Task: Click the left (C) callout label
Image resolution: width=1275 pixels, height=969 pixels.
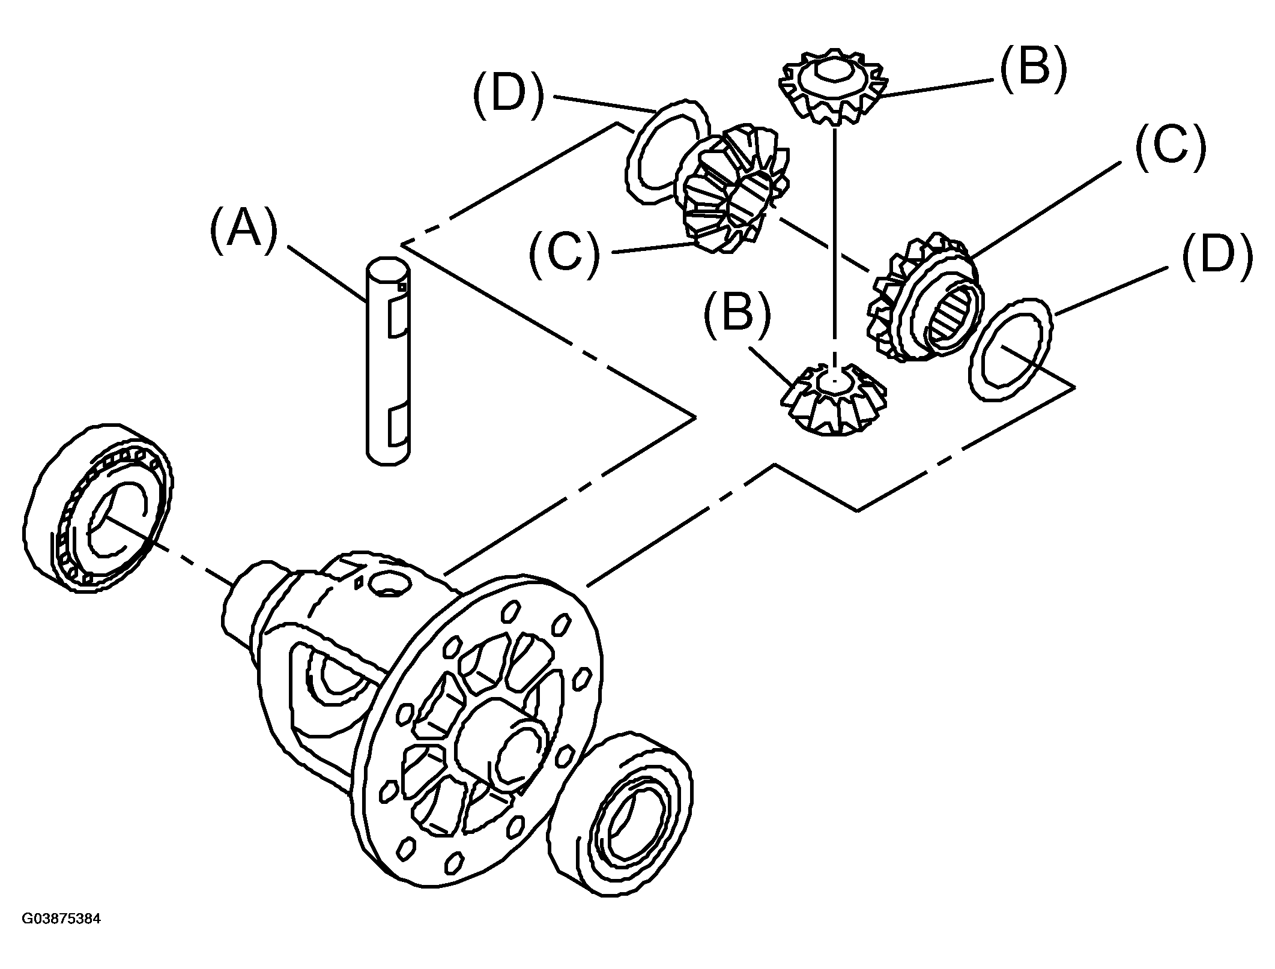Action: click(564, 253)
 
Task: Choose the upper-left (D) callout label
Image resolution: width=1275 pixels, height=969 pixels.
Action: click(508, 97)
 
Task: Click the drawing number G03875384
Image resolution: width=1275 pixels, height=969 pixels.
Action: click(61, 935)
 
